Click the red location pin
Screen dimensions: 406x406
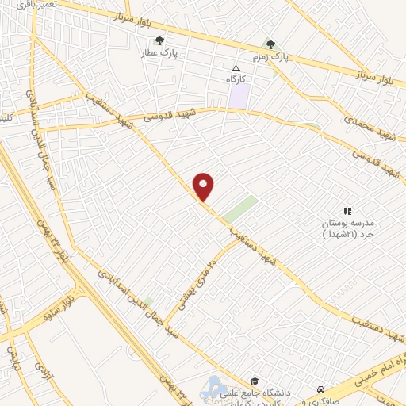[204, 186]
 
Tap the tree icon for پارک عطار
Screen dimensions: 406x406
[160, 40]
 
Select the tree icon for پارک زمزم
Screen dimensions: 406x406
[271, 44]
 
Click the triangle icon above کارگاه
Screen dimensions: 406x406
[235, 67]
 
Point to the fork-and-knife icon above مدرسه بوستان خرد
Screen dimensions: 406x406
[347, 211]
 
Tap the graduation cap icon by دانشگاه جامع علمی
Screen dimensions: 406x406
[254, 381]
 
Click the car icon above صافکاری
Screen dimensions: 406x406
[320, 389]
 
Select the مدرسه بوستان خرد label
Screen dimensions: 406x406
[350, 229]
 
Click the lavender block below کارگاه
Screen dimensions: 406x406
[239, 96]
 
